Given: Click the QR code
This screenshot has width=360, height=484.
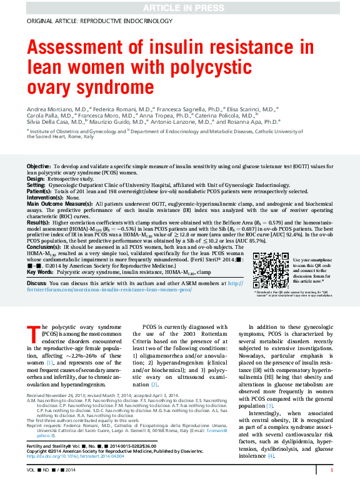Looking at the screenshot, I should [270, 270].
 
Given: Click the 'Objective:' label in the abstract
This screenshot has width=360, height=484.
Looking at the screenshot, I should [39, 166].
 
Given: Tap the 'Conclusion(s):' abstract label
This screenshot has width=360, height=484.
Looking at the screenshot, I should [44, 247].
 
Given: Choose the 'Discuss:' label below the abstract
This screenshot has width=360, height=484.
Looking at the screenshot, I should [37, 284].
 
